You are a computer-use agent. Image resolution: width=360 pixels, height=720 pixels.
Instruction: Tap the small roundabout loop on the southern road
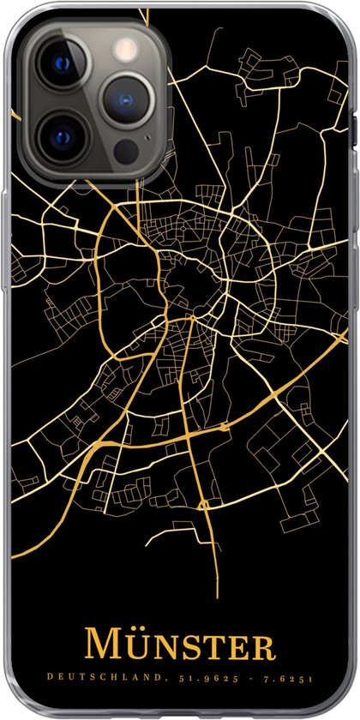[x=205, y=505]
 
